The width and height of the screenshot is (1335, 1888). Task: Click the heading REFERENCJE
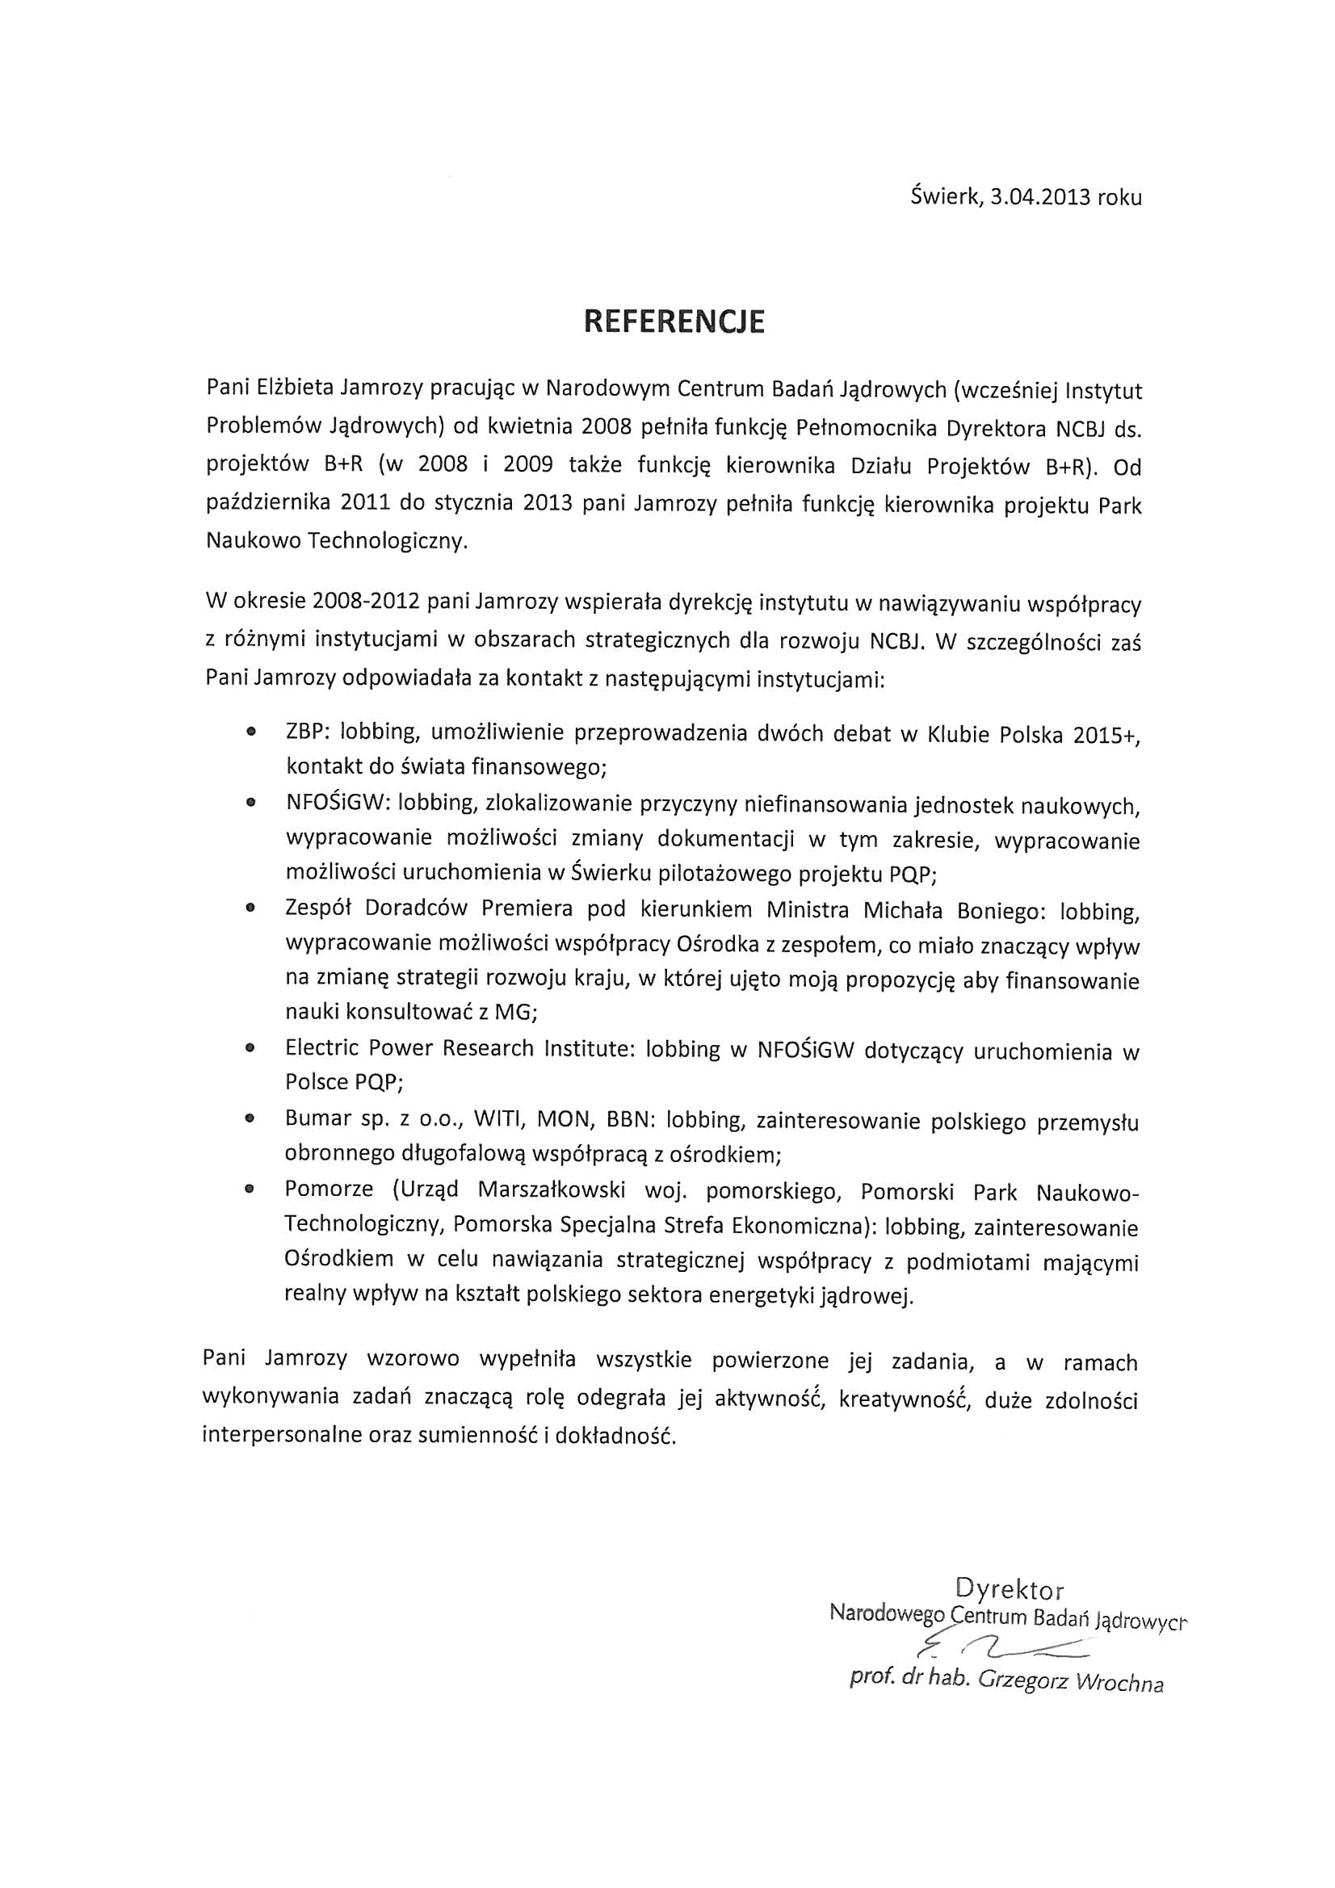(x=674, y=321)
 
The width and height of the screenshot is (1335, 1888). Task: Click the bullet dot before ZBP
(x=250, y=731)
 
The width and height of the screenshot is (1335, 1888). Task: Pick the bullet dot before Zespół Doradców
(x=250, y=908)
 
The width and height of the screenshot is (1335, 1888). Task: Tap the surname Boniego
(x=997, y=909)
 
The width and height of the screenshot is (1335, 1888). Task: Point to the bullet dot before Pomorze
(x=250, y=1189)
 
